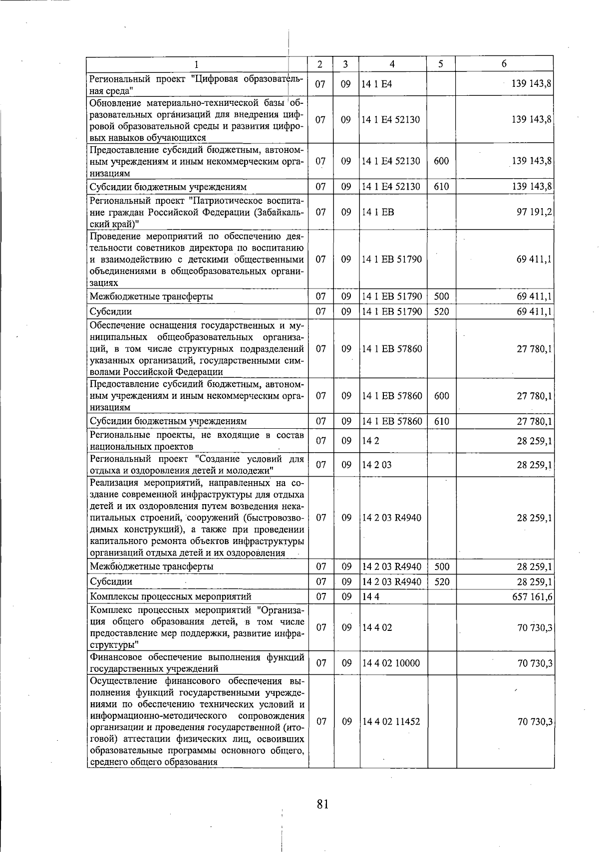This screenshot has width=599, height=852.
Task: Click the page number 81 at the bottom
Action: [322, 804]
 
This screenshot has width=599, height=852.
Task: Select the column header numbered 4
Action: [392, 64]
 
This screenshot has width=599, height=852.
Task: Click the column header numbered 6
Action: [504, 63]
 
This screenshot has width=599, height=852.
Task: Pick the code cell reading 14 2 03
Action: [377, 465]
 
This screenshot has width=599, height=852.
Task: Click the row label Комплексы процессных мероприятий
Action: [171, 596]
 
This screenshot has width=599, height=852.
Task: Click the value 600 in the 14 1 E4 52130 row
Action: [441, 161]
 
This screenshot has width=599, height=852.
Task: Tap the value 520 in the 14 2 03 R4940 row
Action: [441, 581]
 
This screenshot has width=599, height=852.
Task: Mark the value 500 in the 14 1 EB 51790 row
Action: [441, 296]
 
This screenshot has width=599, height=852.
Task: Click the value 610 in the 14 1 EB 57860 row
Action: [441, 421]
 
